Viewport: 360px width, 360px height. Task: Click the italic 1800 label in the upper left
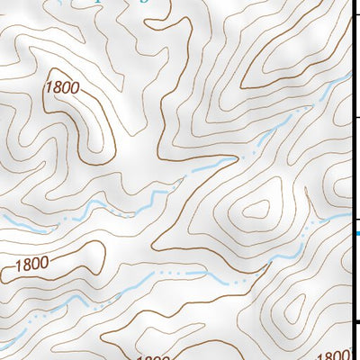(x=61, y=88)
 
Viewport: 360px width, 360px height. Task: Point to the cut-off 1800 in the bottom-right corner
(x=334, y=355)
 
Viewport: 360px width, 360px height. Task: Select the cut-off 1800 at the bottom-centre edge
(x=152, y=357)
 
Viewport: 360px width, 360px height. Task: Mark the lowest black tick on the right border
(x=355, y=321)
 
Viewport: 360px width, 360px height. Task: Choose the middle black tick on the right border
(x=355, y=117)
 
